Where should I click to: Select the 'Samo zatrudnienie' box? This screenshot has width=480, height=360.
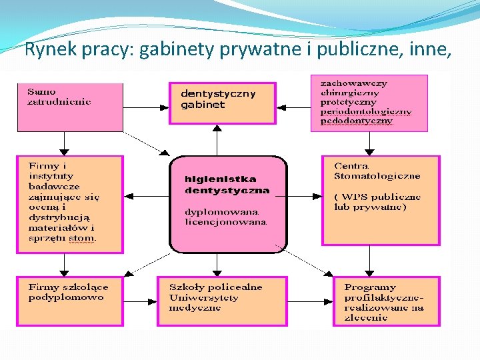click(x=70, y=106)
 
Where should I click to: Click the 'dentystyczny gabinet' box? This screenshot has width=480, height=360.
click(x=222, y=103)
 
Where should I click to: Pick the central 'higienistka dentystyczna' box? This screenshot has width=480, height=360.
click(x=228, y=204)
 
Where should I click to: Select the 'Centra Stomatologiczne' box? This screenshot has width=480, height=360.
click(x=381, y=201)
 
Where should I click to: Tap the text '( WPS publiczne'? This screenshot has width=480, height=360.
click(x=377, y=197)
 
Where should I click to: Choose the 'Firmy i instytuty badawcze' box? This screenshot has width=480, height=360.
click(x=70, y=204)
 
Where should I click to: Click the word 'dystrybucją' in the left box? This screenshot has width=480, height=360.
click(x=59, y=217)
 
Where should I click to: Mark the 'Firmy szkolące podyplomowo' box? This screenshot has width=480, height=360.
click(x=70, y=301)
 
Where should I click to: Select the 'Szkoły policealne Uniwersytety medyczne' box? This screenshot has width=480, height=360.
click(x=222, y=301)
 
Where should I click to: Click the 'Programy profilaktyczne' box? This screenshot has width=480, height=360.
click(x=387, y=301)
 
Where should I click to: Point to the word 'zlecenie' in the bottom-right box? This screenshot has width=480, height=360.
click(x=365, y=317)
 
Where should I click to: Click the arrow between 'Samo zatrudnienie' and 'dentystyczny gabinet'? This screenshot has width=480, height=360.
click(x=146, y=106)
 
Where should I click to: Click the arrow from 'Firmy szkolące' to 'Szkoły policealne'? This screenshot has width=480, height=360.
click(x=140, y=301)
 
